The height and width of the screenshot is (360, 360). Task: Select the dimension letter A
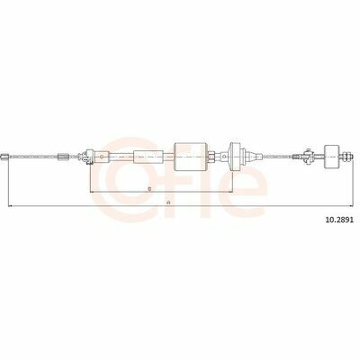169,202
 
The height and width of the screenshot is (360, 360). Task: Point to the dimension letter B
149,189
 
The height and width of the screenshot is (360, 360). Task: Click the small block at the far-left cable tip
4,157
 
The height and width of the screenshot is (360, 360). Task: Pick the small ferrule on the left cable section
63,157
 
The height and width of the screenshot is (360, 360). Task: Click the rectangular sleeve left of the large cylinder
148,157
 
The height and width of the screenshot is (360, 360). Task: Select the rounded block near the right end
332,157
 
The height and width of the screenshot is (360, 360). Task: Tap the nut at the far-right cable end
346,157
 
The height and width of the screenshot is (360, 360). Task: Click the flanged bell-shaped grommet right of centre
234,157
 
